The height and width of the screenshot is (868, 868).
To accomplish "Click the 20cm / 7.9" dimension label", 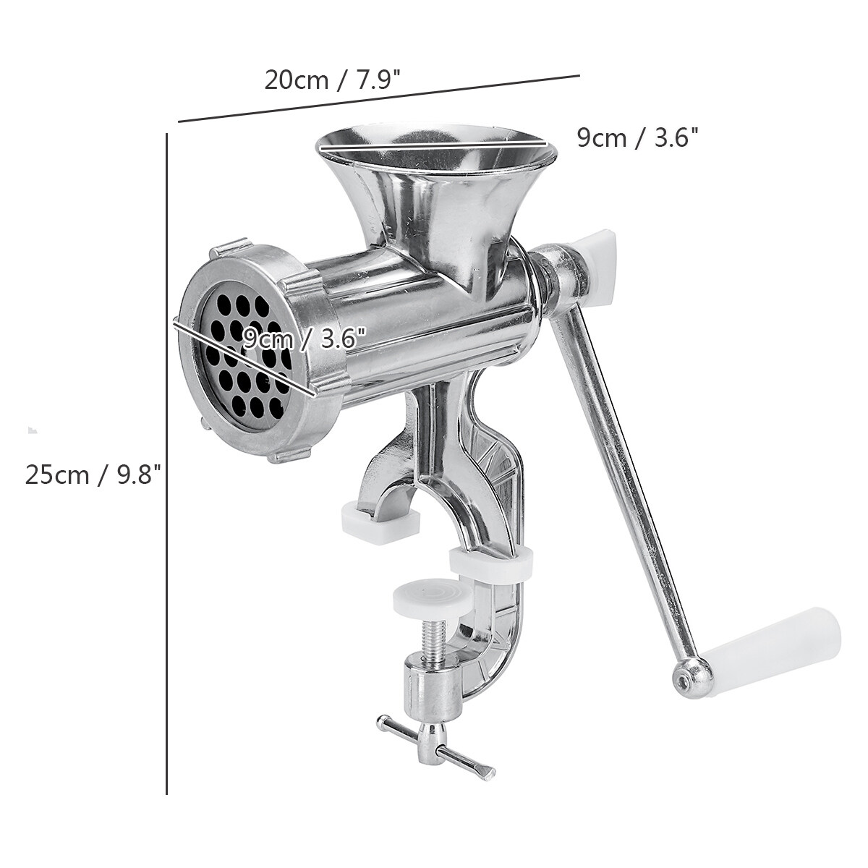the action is coord(333,80).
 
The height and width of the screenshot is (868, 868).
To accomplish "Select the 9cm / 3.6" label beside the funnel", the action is coord(637,137).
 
